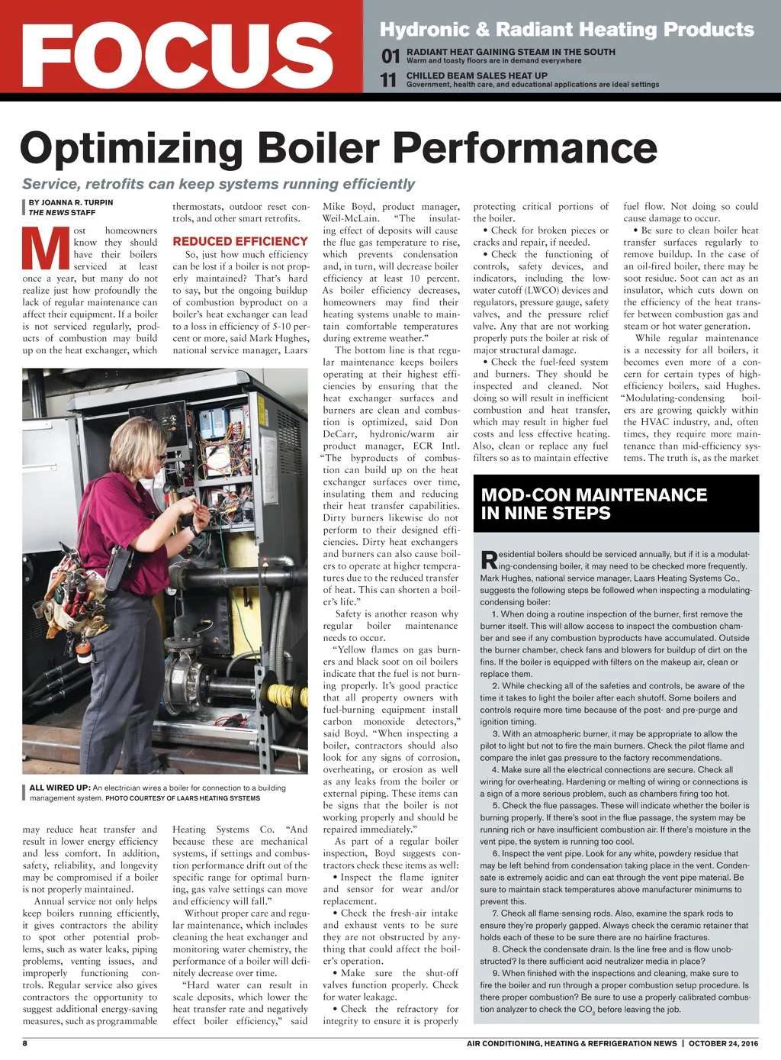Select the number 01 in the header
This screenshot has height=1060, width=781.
pos(390,56)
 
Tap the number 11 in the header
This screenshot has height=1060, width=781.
pos(389,80)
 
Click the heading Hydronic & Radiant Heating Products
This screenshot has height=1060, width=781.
pos(567,30)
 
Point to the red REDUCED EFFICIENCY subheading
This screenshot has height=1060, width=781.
pos(240,241)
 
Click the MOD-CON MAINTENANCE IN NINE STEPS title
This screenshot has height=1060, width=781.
pos(594,504)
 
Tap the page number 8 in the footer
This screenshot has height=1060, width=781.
pos(25,1043)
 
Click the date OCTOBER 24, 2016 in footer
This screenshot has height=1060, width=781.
pos(724,1043)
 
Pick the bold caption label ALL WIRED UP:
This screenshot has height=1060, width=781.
pos(59,788)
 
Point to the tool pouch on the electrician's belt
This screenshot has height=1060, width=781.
pos(75,596)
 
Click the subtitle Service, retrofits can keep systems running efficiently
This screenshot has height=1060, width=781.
pos(218,184)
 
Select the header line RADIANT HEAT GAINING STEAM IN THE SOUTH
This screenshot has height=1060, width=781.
pos(510,52)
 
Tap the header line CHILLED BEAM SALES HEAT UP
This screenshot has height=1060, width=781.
pos(477,76)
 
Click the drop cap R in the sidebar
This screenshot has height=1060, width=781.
pos(489,561)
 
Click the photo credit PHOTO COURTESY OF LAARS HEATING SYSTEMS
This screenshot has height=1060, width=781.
pos(182,798)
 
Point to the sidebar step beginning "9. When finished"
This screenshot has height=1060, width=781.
pos(615,991)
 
